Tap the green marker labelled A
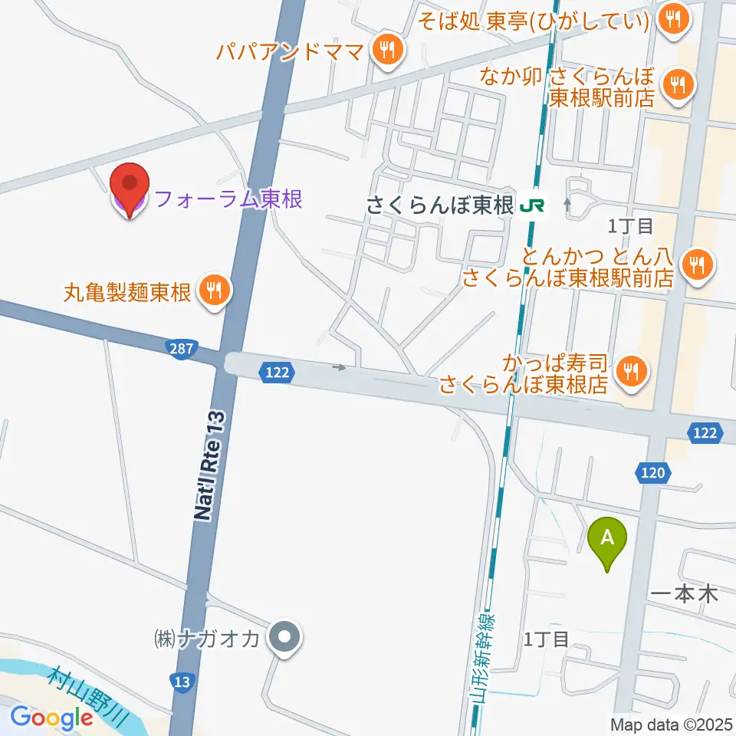click(607, 540)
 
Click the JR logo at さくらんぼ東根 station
click(531, 205)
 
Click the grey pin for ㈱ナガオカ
click(285, 636)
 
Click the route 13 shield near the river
click(179, 680)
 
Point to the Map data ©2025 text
click(669, 723)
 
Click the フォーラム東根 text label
click(228, 200)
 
